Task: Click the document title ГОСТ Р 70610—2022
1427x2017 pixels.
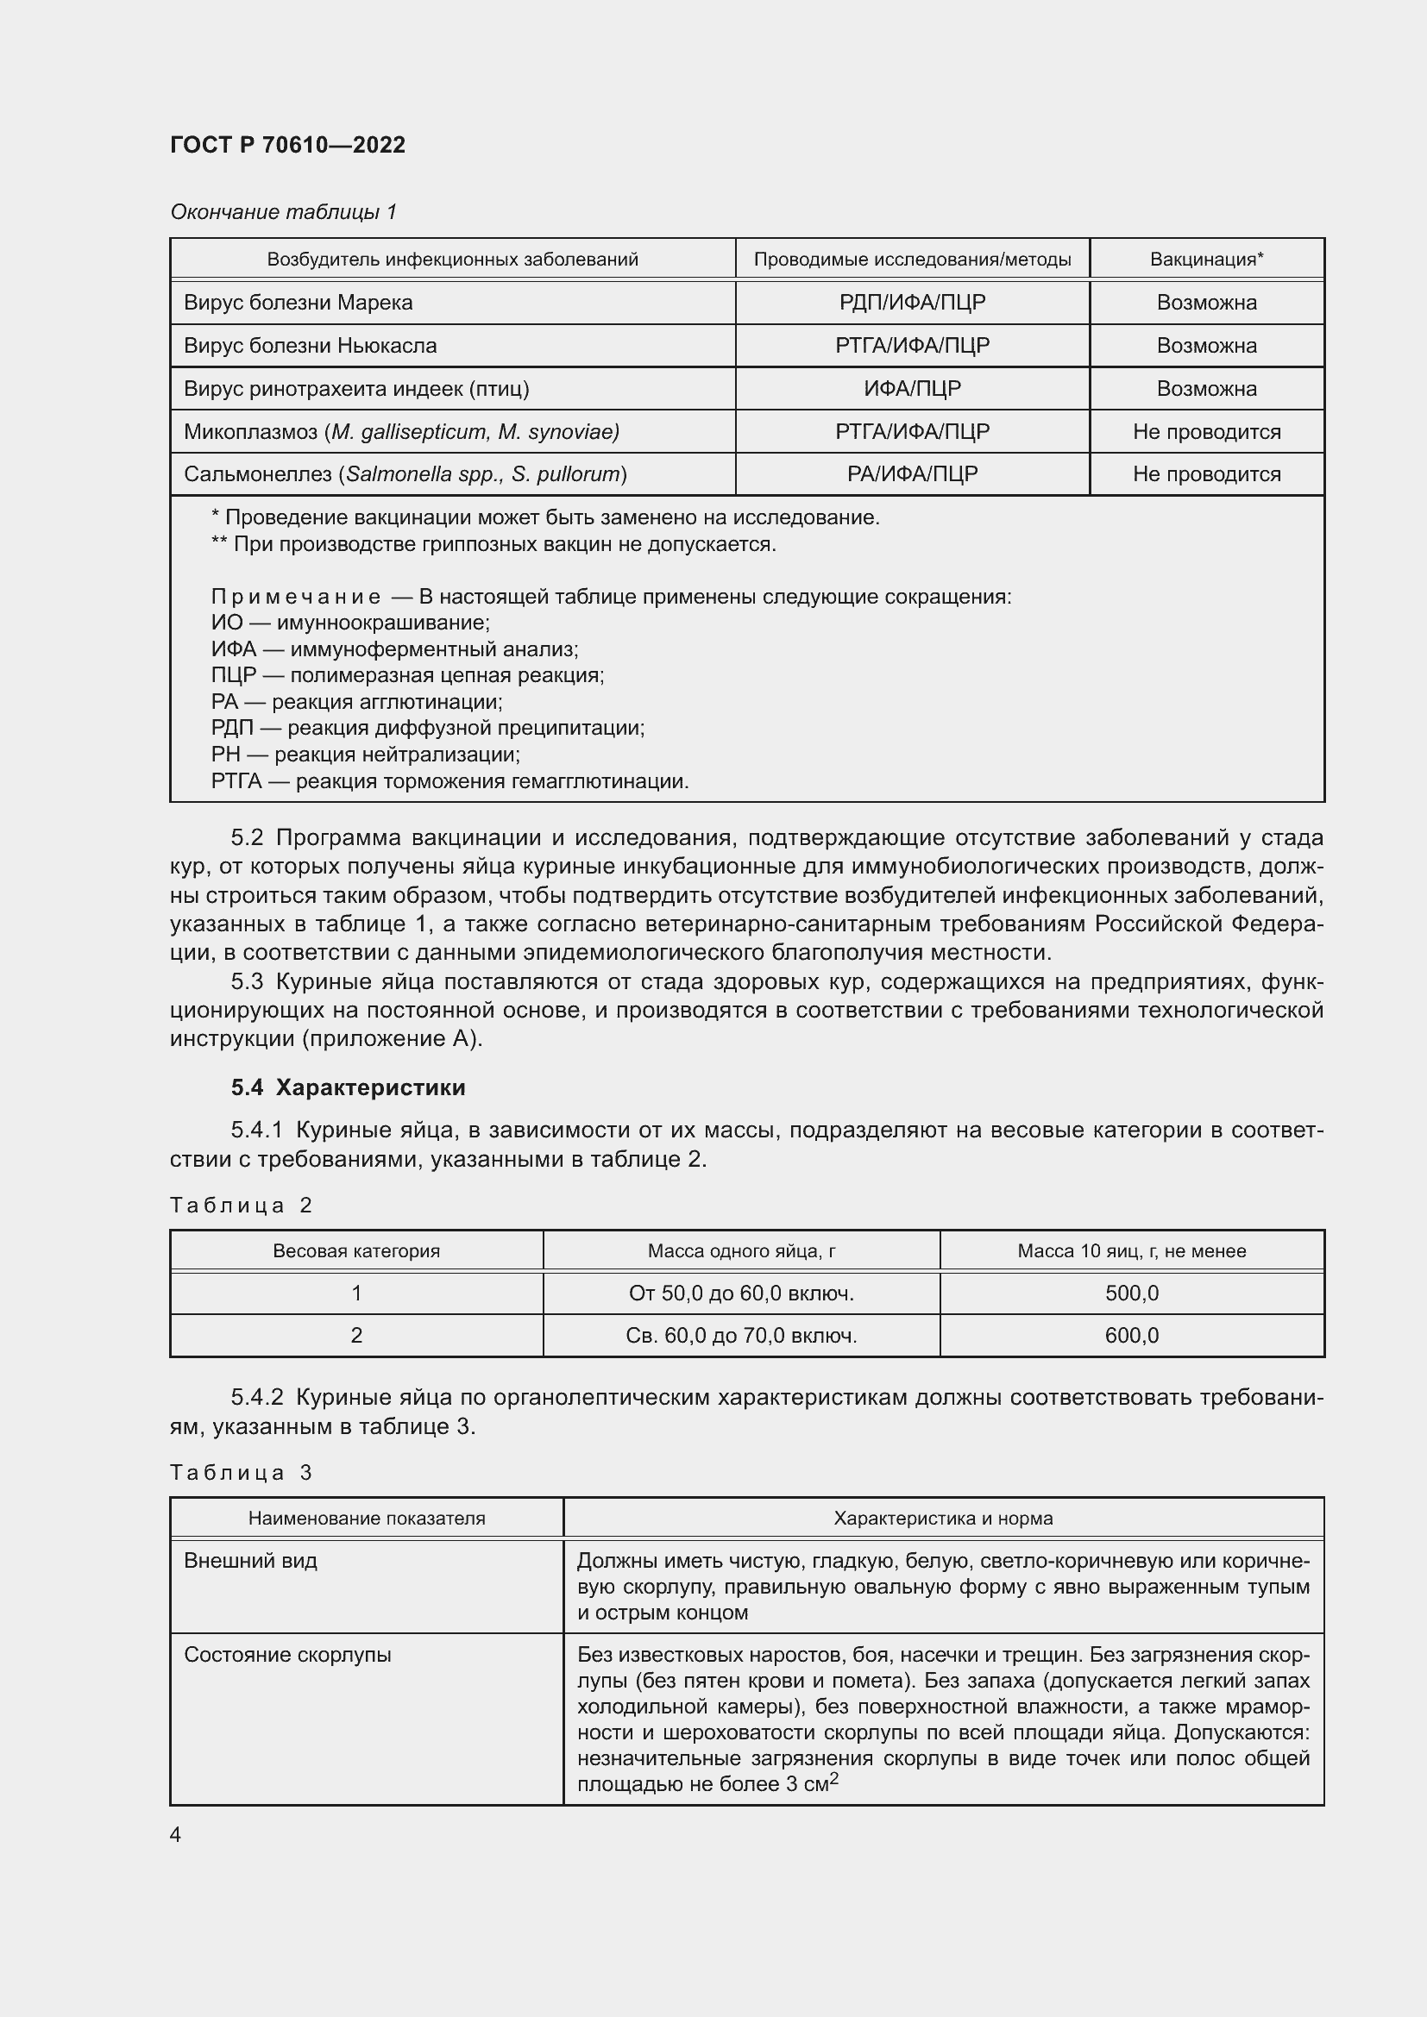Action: (287, 145)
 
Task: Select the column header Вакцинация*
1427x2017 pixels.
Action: (1205, 260)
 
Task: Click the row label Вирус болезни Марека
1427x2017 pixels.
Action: (298, 302)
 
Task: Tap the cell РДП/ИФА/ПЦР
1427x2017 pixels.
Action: (911, 302)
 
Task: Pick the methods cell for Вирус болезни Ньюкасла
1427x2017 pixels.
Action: (911, 345)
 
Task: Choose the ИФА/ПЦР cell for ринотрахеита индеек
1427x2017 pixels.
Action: (911, 388)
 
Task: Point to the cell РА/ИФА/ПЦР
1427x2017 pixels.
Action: (911, 474)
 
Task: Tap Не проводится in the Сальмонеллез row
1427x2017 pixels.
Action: (1205, 474)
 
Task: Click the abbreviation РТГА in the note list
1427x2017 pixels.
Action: (236, 781)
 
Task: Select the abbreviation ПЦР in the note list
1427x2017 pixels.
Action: (233, 675)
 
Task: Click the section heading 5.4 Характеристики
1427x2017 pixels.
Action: (348, 1087)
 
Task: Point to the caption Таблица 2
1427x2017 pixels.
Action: (241, 1206)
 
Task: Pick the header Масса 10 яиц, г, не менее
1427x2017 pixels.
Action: (1131, 1251)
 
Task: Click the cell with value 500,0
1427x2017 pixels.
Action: (1131, 1294)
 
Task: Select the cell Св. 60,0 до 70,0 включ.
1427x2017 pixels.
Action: (741, 1335)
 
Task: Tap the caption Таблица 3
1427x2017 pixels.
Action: (241, 1473)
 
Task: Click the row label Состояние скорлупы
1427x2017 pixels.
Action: (287, 1655)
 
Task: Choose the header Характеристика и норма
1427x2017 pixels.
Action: (942, 1519)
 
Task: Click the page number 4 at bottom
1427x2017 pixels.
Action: (176, 1834)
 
